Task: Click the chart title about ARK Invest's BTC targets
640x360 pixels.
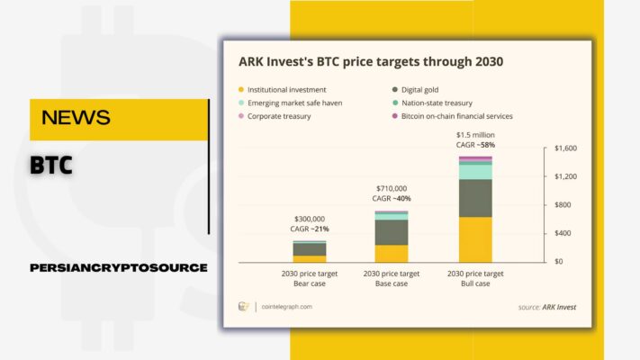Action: click(371, 61)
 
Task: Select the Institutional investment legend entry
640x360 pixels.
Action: click(282, 90)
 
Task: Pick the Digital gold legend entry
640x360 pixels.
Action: click(415, 90)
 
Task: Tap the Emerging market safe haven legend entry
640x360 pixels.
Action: click(290, 103)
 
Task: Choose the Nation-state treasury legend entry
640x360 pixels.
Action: click(432, 103)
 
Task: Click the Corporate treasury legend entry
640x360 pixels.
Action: click(275, 116)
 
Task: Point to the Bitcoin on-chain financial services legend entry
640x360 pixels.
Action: click(452, 116)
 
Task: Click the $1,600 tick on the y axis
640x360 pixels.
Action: click(565, 148)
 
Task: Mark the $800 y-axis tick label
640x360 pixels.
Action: click(563, 205)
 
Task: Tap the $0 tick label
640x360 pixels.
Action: click(558, 261)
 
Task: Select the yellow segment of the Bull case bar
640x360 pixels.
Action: click(475, 239)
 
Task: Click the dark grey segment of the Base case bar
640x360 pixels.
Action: click(392, 233)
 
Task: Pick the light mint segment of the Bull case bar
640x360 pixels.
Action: click(475, 172)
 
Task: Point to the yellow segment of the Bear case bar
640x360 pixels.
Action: click(310, 259)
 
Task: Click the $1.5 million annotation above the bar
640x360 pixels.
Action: click(475, 135)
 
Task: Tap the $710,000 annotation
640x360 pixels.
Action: click(392, 189)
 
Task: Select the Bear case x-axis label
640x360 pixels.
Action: click(310, 278)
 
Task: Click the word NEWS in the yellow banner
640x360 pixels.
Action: click(76, 118)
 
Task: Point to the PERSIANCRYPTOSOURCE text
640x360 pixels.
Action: click(119, 268)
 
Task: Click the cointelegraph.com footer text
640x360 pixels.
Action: click(286, 307)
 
